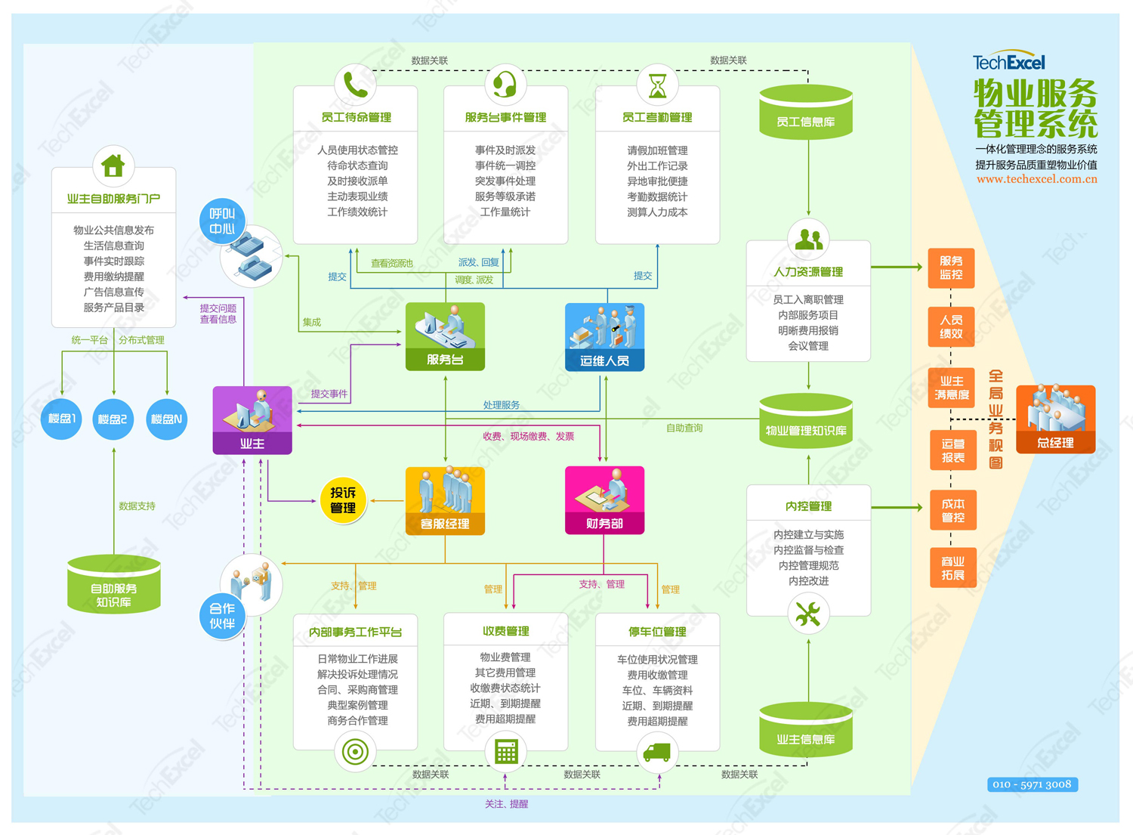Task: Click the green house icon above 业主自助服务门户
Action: (113, 165)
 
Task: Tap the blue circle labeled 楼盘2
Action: (113, 419)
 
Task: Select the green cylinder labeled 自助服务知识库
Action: (114, 585)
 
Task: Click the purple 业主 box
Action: (252, 420)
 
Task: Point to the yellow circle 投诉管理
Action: (343, 500)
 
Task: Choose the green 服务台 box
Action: (445, 336)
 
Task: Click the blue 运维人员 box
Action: (604, 337)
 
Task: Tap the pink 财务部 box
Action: (604, 500)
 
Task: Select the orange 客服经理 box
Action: (445, 500)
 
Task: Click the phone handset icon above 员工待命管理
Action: (356, 85)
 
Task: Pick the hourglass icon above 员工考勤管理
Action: (658, 85)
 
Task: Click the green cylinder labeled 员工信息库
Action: (806, 112)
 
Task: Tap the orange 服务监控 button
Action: (951, 268)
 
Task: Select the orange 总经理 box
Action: (1056, 419)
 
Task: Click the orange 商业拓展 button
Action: (953, 567)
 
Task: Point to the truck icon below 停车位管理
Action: (657, 752)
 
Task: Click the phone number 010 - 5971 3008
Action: (1033, 784)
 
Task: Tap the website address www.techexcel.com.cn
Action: (1037, 178)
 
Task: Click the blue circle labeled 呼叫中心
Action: (222, 221)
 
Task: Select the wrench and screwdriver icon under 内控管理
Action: (807, 614)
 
